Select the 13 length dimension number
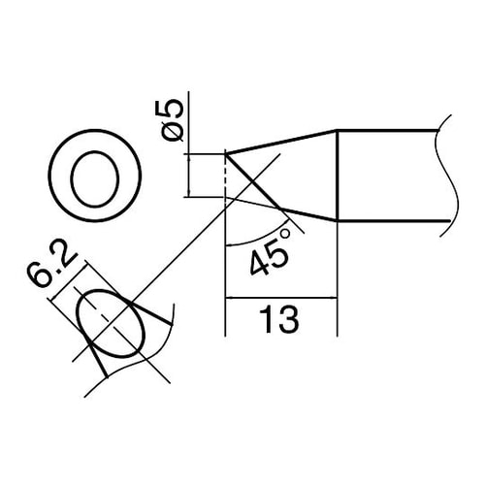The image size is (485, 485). (280, 317)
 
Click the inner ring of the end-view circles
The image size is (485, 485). (95, 175)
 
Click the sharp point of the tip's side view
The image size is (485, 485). (225, 152)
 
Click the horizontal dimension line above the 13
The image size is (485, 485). (280, 300)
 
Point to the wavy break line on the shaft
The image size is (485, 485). (447, 175)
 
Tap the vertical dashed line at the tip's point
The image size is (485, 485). (225, 179)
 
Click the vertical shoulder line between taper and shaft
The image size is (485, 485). (337, 175)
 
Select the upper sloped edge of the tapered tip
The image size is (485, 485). (281, 142)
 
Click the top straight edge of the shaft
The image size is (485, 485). (388, 131)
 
